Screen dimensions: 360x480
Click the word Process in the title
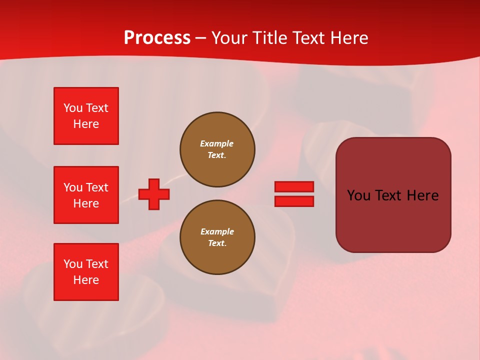(157, 38)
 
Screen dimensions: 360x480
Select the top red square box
(86, 116)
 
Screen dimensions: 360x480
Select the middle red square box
(86, 195)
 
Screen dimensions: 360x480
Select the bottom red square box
(86, 272)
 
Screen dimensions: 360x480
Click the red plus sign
(154, 194)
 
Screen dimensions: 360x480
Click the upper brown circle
(217, 149)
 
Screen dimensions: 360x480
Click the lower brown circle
(217, 237)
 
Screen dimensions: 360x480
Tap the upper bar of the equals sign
(294, 186)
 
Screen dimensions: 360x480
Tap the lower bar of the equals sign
(294, 201)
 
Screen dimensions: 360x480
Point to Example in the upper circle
(216, 143)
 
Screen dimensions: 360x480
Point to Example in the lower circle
(217, 231)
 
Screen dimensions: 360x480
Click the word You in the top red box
(73, 108)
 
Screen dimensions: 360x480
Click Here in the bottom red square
(86, 280)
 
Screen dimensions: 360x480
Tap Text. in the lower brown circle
(217, 243)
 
